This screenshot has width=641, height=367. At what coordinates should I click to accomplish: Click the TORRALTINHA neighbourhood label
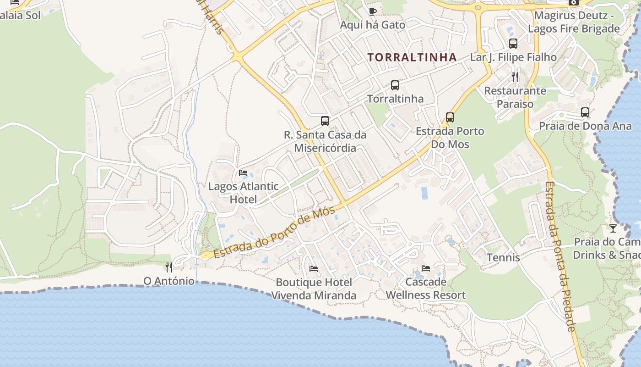[412, 57]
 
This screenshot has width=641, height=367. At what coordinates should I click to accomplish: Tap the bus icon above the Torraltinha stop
[395, 85]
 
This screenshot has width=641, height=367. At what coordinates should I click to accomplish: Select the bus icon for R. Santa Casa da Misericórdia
[325, 121]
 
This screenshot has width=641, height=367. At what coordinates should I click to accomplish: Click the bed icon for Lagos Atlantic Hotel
[243, 173]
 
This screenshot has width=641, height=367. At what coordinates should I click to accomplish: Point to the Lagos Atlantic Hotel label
[243, 193]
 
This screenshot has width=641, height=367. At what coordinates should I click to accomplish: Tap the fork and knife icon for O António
[169, 267]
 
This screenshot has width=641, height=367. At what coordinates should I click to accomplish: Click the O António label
[169, 281]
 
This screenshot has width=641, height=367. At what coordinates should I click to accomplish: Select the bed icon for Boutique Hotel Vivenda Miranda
[314, 268]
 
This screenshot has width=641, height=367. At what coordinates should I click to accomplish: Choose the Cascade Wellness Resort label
[426, 288]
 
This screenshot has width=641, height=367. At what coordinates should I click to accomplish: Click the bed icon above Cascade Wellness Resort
[426, 268]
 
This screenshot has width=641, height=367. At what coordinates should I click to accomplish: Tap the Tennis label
[503, 257]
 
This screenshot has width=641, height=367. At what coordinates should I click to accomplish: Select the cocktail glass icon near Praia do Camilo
[613, 228]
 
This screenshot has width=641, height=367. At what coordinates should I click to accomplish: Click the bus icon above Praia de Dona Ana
[585, 112]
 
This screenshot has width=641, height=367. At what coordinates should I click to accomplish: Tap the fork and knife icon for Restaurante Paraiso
[515, 77]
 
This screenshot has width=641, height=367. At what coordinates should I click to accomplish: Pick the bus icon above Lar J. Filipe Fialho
[513, 44]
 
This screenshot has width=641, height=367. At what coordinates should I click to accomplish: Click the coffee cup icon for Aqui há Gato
[372, 11]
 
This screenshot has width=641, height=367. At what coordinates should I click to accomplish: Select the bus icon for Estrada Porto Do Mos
[450, 117]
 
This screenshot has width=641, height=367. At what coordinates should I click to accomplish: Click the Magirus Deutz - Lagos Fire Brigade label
[574, 22]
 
